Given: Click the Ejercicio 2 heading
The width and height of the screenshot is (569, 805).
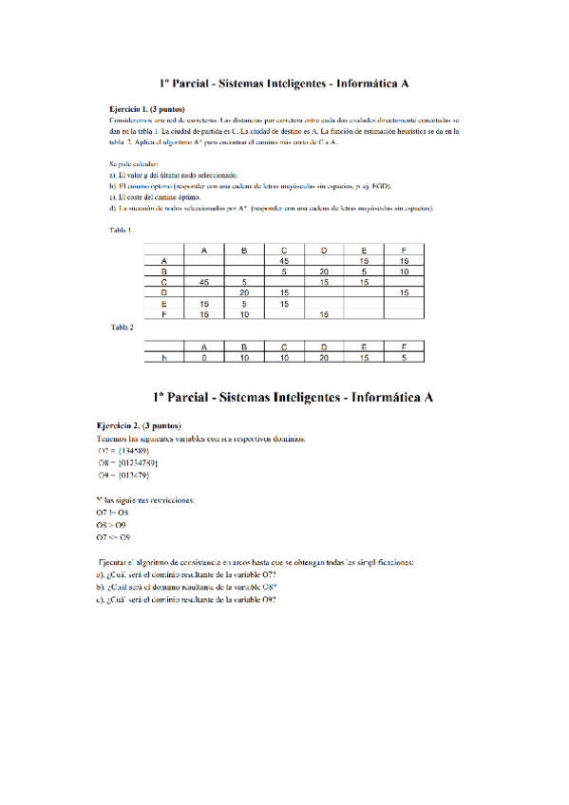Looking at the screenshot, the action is click(139, 425).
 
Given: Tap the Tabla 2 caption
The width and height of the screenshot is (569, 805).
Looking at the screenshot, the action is click(122, 327).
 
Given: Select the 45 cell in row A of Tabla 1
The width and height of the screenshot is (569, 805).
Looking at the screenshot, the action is click(284, 260).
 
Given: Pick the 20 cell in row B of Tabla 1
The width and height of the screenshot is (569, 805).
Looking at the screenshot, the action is click(324, 271).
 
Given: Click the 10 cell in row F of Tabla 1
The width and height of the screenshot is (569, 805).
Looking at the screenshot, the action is click(244, 313).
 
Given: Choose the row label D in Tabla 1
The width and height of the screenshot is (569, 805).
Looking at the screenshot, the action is click(164, 292).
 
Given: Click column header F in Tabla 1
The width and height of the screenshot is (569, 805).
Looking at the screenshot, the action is click(404, 250).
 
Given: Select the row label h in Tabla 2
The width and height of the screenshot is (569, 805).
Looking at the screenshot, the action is click(164, 358).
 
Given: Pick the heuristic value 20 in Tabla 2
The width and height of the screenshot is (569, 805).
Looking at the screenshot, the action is click(324, 358).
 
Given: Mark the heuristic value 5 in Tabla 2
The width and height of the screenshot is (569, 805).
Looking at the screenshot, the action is click(404, 358).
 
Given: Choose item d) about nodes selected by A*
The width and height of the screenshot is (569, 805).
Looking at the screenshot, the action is click(272, 208).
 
